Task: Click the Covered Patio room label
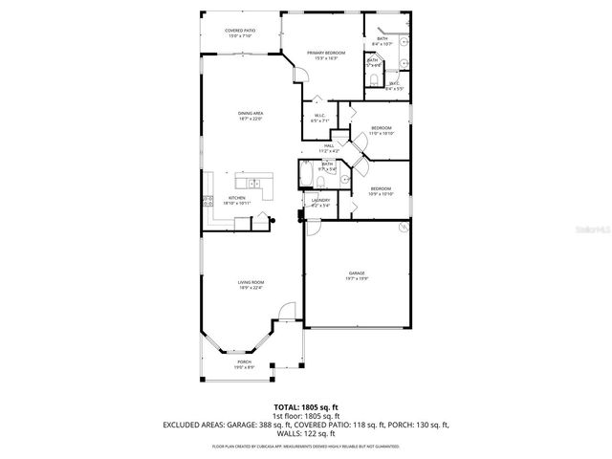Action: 240,32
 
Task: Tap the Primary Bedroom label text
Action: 325,55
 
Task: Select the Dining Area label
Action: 251,115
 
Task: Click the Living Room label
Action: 251,284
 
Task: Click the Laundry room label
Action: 320,202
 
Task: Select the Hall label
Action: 327,147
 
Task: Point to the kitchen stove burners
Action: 206,200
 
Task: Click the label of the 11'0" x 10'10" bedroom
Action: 382,130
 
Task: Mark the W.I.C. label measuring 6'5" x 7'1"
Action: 319,119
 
